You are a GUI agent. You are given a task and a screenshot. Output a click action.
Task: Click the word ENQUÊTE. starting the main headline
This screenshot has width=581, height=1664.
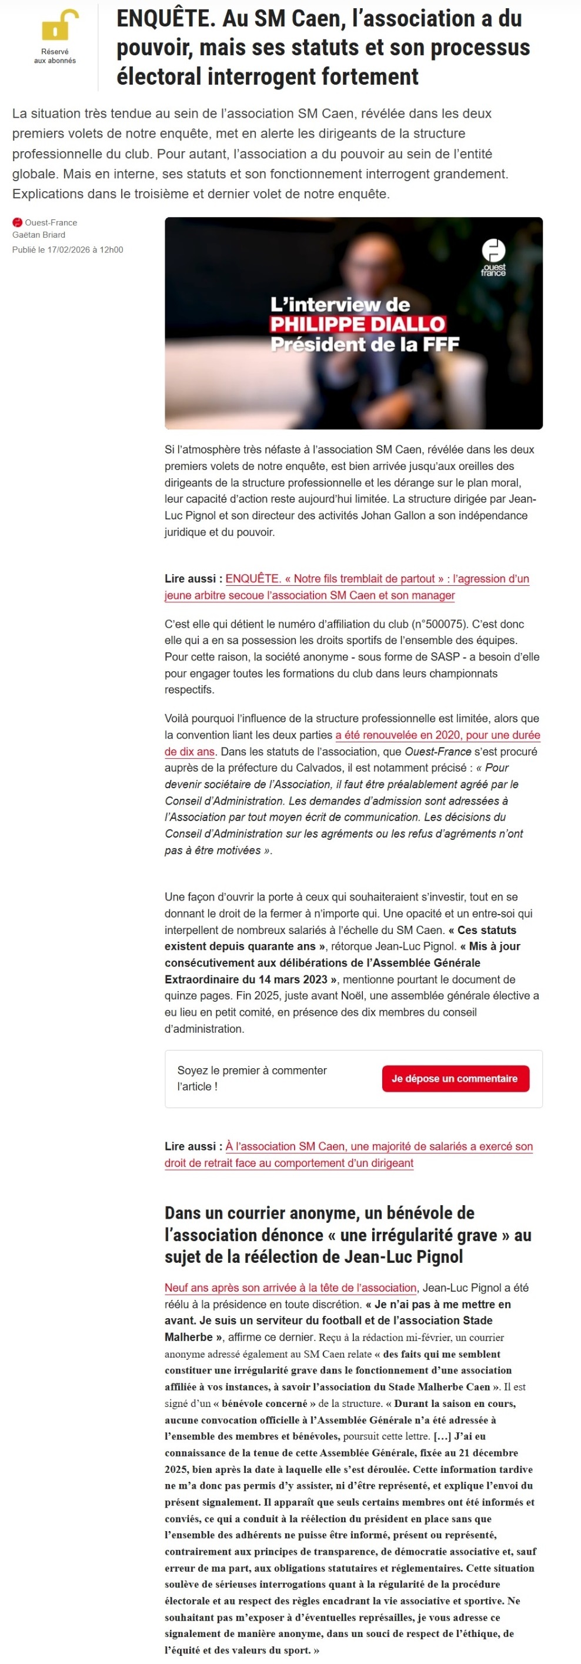165,19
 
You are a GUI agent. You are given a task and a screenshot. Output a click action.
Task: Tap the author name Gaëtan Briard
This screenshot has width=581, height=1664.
39,235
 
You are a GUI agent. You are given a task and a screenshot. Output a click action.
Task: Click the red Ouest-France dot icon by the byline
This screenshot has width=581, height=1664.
18,222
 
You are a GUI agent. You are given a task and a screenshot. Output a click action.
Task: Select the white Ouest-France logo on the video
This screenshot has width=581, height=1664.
493,256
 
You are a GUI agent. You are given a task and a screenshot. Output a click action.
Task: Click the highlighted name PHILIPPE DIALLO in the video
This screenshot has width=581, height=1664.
358,324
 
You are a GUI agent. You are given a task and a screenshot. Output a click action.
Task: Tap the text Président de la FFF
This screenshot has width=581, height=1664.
365,344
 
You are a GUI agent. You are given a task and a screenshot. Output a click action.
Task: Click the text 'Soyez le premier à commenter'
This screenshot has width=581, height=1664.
252,1070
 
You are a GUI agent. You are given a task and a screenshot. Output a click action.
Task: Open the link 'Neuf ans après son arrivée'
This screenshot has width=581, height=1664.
290,1288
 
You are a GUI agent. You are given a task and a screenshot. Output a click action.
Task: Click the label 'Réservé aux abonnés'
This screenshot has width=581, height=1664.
55,55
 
